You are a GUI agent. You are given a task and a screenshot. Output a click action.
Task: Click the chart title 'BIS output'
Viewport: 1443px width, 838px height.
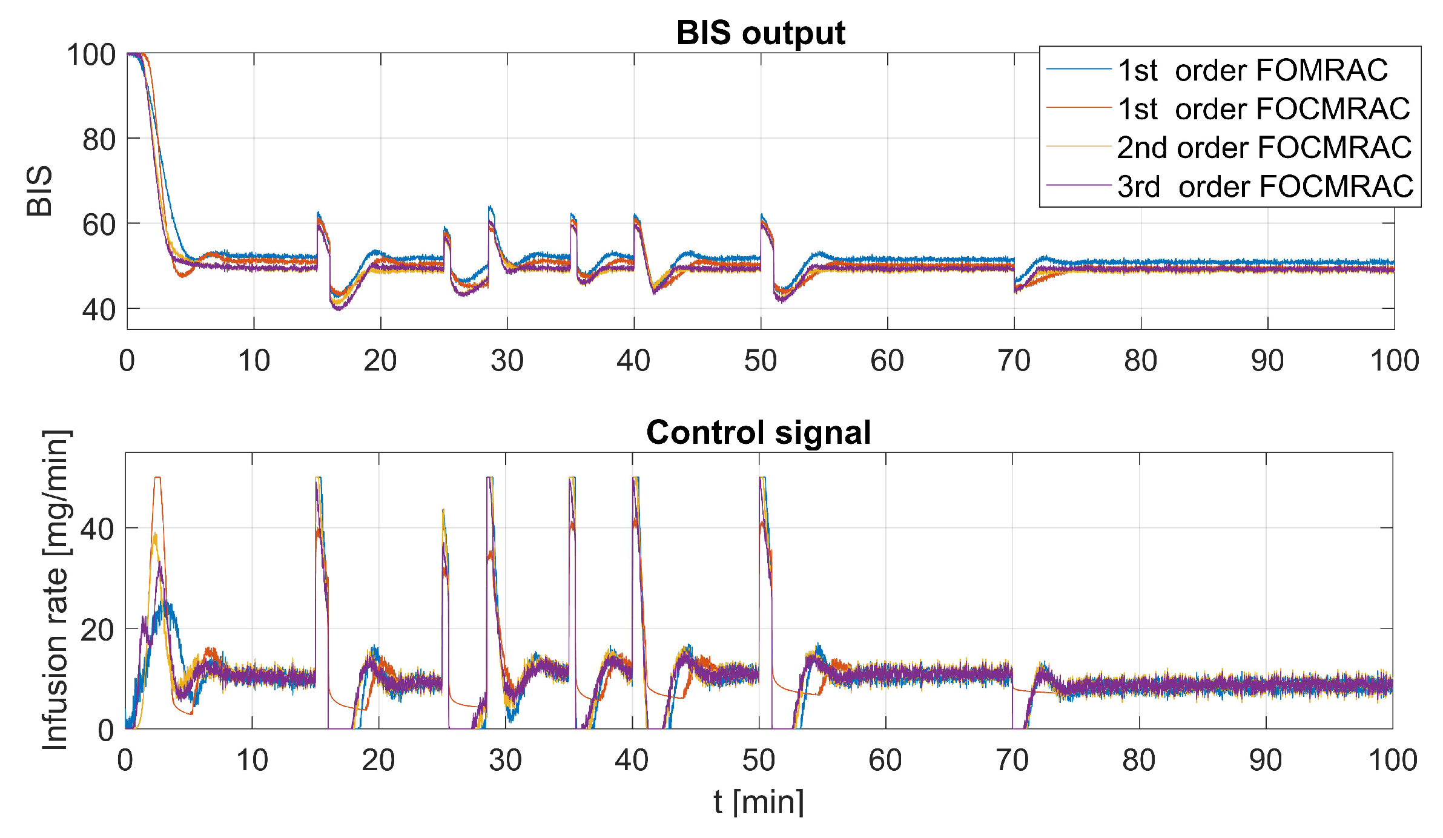click(x=760, y=33)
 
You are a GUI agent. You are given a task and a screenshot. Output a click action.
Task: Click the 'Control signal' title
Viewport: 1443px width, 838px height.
click(x=758, y=432)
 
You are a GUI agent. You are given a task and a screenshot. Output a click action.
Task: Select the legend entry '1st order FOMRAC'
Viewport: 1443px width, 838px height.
click(x=1252, y=70)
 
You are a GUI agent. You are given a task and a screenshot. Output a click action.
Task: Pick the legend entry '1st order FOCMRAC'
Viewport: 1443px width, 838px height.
click(x=1263, y=109)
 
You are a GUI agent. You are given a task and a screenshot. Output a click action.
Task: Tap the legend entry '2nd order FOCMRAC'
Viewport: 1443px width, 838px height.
click(x=1264, y=148)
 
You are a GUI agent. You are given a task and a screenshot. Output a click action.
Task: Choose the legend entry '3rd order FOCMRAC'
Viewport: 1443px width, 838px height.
click(x=1265, y=186)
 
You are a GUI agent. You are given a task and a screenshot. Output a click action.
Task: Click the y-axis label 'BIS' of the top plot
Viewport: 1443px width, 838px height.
click(x=40, y=191)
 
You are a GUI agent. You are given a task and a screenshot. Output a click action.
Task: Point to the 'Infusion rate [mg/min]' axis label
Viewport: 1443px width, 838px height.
click(x=56, y=590)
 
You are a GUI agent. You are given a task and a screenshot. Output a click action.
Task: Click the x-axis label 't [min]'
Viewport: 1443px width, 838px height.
click(x=758, y=802)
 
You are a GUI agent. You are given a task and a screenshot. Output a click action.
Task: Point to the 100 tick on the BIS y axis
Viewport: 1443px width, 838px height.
click(x=91, y=55)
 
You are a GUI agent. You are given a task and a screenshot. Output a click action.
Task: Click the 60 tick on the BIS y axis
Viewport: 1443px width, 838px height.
click(x=99, y=225)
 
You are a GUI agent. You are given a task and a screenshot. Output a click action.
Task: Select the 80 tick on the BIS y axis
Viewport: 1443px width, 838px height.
click(x=99, y=140)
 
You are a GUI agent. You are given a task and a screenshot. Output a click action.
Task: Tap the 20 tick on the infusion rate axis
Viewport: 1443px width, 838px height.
click(x=97, y=630)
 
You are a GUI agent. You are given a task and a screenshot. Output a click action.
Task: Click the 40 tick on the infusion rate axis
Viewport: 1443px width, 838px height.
click(x=97, y=530)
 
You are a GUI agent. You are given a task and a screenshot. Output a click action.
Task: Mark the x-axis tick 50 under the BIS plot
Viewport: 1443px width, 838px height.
click(x=761, y=361)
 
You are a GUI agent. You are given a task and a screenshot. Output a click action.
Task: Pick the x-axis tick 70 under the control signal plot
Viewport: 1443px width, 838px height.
click(x=1012, y=760)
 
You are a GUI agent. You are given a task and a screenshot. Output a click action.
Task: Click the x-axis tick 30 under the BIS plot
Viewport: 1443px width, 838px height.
click(x=507, y=361)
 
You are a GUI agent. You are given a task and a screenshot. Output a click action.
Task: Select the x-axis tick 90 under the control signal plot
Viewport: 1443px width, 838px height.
click(x=1266, y=760)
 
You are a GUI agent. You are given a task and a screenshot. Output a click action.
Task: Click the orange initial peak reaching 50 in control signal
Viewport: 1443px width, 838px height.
click(x=157, y=478)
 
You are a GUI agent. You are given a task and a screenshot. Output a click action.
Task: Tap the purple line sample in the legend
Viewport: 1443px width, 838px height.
click(x=1078, y=185)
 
